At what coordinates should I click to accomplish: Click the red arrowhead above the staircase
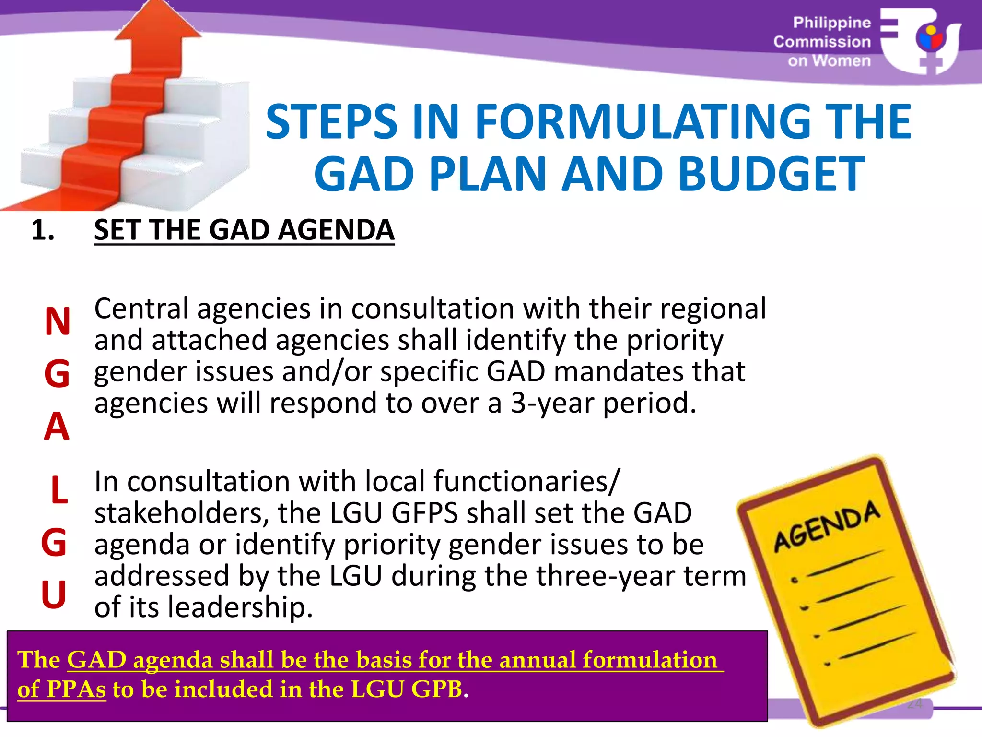coord(158,29)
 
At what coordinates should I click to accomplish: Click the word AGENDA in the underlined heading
coord(336,230)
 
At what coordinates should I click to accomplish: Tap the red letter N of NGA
coord(58,321)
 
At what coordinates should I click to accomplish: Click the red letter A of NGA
coord(57,426)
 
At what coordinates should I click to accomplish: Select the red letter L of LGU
coord(59,490)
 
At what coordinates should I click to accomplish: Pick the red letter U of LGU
coord(54,594)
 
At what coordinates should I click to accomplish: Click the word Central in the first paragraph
coord(141,309)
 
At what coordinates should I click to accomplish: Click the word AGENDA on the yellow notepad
coord(827,526)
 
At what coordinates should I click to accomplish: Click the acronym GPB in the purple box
coord(436,689)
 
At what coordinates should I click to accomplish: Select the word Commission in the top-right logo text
coord(822,42)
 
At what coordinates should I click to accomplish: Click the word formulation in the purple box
coord(650,660)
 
